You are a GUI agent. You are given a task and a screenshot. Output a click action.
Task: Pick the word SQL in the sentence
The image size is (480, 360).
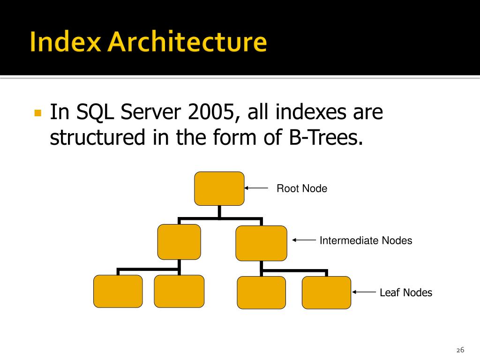94,112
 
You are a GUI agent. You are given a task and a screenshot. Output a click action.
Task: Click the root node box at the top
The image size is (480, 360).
219,188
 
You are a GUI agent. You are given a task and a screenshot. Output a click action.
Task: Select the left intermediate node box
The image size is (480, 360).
179,242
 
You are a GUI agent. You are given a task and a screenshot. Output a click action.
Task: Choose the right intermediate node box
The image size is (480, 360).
261,243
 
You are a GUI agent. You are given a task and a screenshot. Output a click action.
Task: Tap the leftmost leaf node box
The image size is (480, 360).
118,291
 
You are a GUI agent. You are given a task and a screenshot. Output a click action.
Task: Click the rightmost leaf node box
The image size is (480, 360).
326,292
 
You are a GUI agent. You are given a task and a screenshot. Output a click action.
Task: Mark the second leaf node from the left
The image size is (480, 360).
179,291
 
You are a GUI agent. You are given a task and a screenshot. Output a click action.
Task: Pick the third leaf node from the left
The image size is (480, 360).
261,292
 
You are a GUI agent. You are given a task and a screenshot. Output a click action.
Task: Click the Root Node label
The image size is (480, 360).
302,189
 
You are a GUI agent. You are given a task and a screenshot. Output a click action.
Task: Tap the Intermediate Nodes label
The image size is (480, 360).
366,241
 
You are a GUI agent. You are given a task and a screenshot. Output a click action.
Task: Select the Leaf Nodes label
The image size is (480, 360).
406,293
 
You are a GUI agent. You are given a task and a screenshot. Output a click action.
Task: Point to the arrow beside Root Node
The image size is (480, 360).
256,188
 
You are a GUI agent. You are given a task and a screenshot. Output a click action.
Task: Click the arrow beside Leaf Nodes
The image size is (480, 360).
364,292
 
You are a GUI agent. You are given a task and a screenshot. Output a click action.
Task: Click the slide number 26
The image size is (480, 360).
460,351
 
